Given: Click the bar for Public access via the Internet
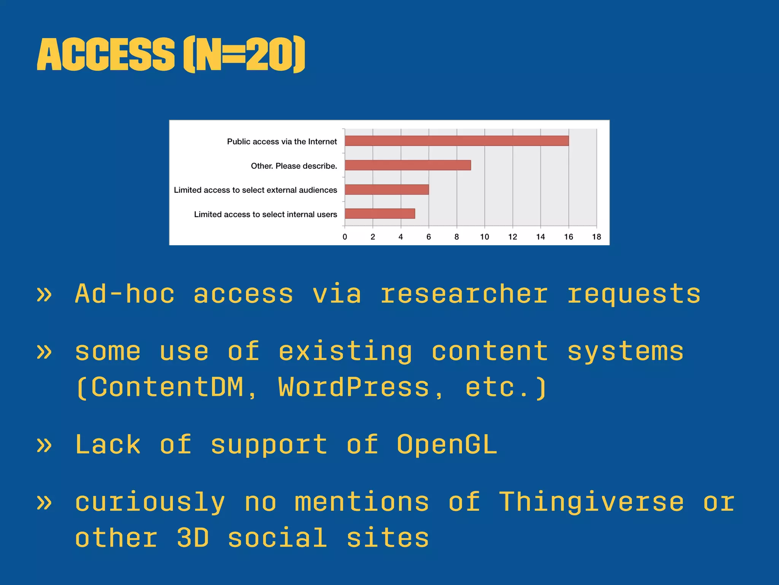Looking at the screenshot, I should tap(456, 141).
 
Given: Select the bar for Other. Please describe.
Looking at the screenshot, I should tap(408, 165).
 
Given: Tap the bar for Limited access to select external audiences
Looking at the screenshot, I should tap(387, 190).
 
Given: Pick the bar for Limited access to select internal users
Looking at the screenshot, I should tap(380, 214).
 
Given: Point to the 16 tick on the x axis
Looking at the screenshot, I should tap(568, 237).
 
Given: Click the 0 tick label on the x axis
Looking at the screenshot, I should tap(345, 237).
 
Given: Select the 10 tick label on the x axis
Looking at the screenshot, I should tap(484, 237).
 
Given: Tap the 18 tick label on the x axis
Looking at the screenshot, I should tap(596, 237).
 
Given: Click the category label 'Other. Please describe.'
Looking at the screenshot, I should tap(294, 166).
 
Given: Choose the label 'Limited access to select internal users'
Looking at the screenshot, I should tap(265, 214).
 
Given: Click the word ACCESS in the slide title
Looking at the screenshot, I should tap(106, 54).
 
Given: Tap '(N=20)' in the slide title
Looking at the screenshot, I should tap(244, 54).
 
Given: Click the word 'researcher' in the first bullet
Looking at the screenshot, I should tap(464, 294).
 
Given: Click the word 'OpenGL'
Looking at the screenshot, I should tap(447, 444).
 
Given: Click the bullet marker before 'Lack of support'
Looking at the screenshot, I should tap(45, 445).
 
